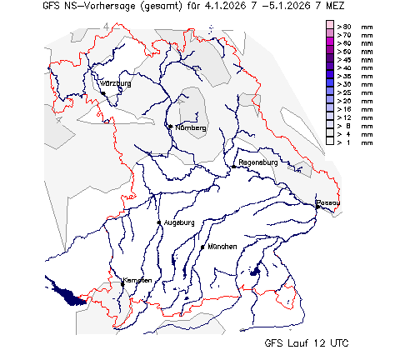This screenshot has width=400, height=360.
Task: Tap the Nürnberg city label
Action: [189, 127]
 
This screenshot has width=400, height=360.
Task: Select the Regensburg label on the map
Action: [257, 162]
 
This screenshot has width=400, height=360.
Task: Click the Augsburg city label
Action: [179, 222]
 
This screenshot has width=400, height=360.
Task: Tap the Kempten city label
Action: [137, 280]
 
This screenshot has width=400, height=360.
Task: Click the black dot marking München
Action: [202, 247]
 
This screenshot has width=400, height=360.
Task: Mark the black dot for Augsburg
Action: [159, 222]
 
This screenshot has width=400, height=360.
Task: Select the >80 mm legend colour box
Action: [330, 27]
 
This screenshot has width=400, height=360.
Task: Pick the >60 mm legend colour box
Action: [330, 43]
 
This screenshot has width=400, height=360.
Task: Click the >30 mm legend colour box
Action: [330, 85]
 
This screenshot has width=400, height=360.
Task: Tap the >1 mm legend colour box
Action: [330, 142]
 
